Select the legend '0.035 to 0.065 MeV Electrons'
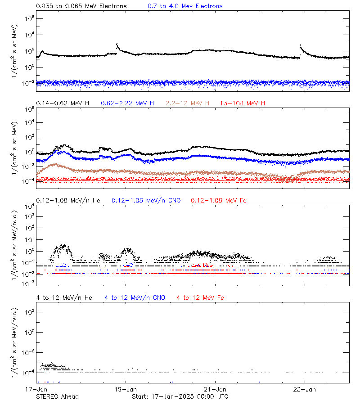click(x=81, y=6)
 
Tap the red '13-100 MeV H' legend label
click(x=243, y=103)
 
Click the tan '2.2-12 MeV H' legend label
click(x=188, y=103)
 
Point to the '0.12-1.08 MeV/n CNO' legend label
click(x=146, y=200)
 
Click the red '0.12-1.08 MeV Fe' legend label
click(x=219, y=200)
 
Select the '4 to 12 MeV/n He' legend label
click(x=64, y=298)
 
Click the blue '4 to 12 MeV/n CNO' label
click(x=135, y=298)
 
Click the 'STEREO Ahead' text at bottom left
click(x=57, y=396)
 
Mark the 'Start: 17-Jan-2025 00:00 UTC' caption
click(x=180, y=396)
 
